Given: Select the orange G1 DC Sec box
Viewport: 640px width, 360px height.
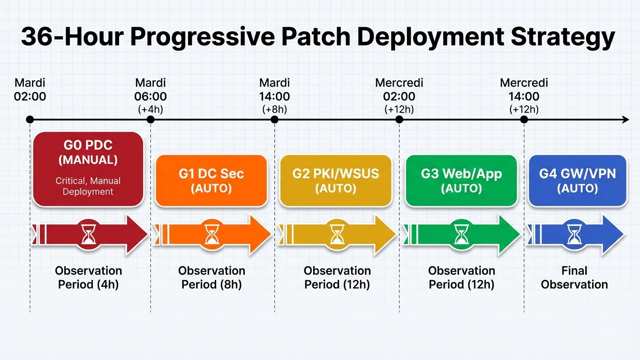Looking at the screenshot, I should point(211,180).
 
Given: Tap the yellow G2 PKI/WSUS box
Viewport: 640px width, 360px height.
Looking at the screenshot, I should point(335,180).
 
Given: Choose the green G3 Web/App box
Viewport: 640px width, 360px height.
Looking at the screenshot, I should point(461,180).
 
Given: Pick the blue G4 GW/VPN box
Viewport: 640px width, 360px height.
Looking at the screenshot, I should point(577,180).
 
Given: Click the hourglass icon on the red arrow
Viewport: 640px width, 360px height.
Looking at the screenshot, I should point(88,233).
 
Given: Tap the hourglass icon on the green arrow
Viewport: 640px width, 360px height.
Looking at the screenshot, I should point(461,233).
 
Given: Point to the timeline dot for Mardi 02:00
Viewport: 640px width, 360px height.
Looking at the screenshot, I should point(30,120).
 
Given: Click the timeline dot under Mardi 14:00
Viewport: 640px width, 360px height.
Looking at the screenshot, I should point(275,120).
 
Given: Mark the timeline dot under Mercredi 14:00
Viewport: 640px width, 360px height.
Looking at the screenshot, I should point(524,120).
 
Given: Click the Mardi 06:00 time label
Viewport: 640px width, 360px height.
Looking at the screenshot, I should point(151,90).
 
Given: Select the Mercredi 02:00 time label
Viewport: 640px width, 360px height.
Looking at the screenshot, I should point(399,90).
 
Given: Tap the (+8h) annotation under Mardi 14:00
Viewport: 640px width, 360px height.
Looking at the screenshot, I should point(274,109).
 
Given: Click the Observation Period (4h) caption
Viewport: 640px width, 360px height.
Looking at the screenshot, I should point(88,277).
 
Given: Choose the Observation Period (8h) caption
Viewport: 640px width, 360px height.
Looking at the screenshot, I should point(211,277).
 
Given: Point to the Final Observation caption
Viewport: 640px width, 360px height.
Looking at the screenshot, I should point(574,277).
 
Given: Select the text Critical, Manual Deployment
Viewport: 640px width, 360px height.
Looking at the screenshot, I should point(88,186).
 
